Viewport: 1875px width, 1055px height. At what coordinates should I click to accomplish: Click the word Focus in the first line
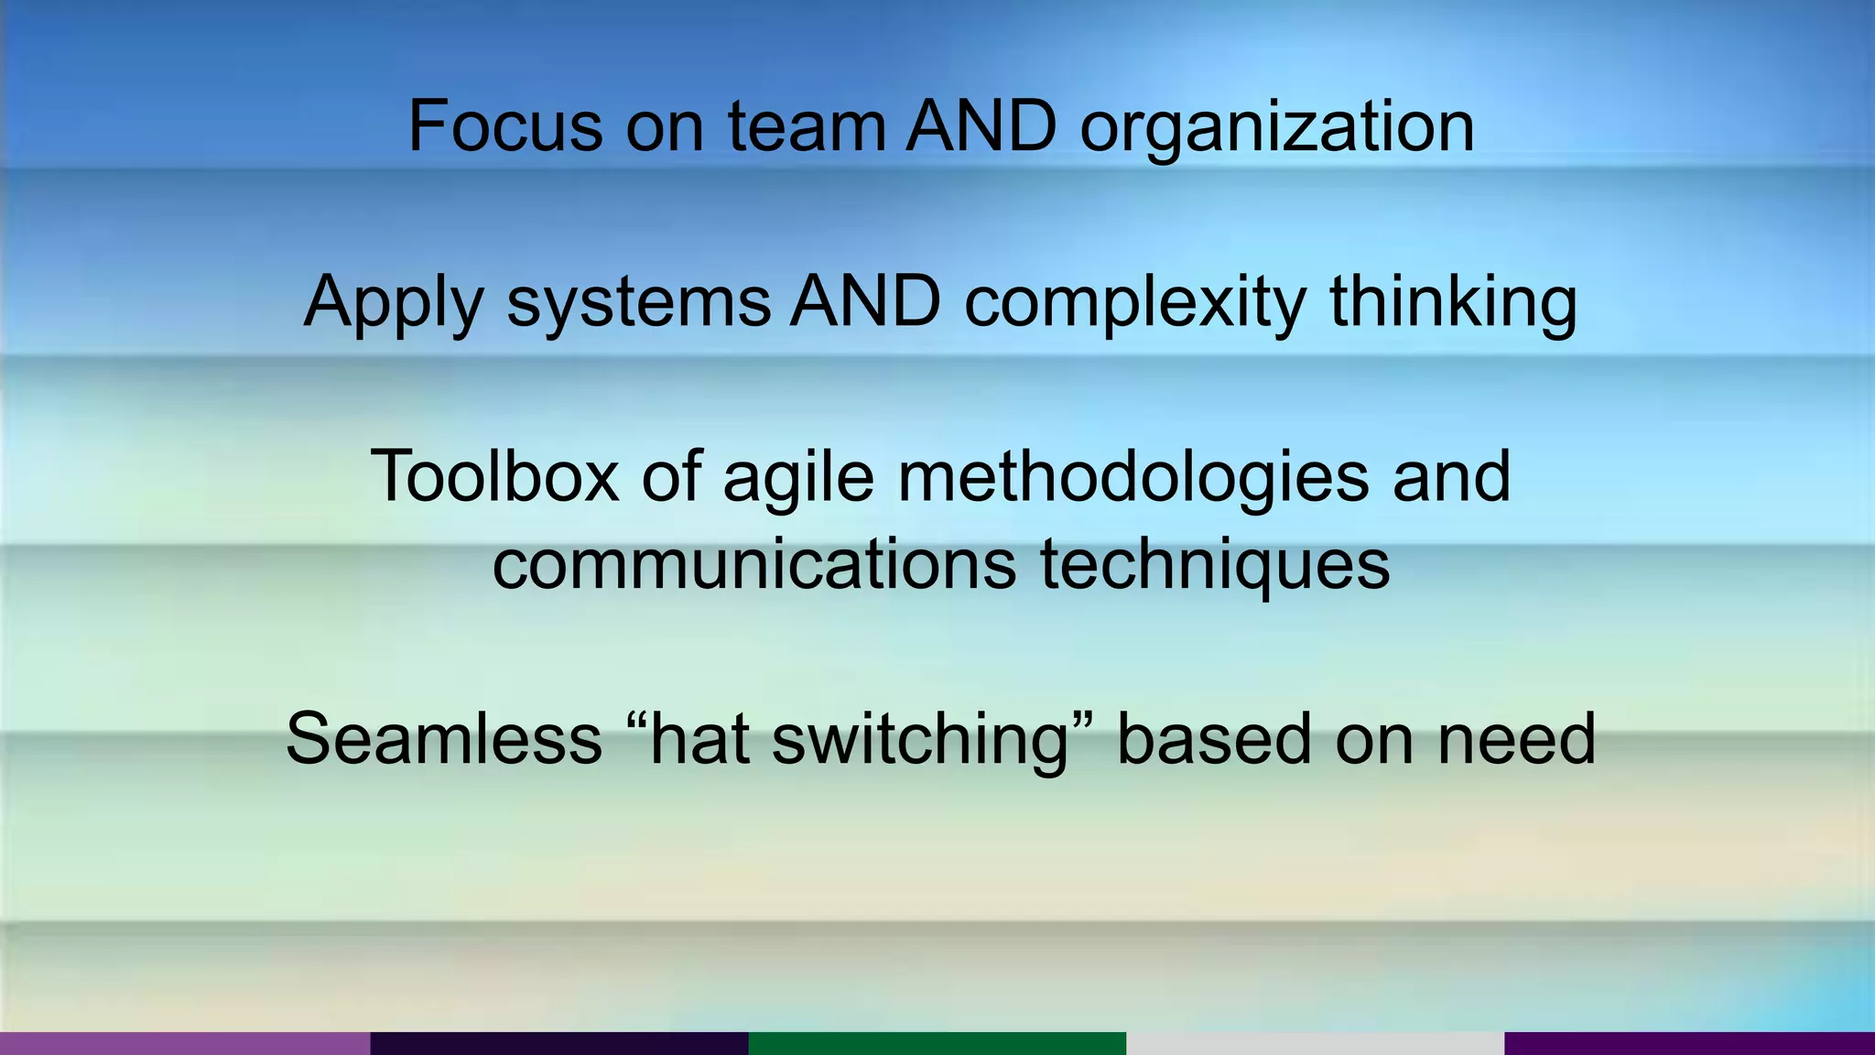tap(505, 126)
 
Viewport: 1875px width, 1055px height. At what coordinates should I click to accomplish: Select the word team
tap(807, 126)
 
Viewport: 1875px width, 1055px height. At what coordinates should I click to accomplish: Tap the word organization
tap(1277, 128)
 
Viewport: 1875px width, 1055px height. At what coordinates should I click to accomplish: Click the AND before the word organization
tap(981, 126)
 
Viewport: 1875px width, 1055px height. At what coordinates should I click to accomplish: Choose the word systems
tap(639, 302)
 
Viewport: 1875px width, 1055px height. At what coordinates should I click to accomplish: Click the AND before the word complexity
tap(866, 301)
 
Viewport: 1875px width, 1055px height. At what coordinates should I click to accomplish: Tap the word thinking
tap(1454, 302)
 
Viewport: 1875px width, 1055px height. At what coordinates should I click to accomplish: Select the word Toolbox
tap(494, 476)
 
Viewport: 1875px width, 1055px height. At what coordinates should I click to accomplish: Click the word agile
tap(798, 478)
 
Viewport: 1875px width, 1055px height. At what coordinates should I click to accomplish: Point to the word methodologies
tap(1133, 478)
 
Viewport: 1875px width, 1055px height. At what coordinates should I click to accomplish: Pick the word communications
tap(754, 564)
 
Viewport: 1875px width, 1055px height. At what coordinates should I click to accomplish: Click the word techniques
tap(1215, 566)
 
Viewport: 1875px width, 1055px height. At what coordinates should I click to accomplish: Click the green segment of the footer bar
tap(937, 1043)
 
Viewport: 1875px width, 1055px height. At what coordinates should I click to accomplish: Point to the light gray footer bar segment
tap(1315, 1043)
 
